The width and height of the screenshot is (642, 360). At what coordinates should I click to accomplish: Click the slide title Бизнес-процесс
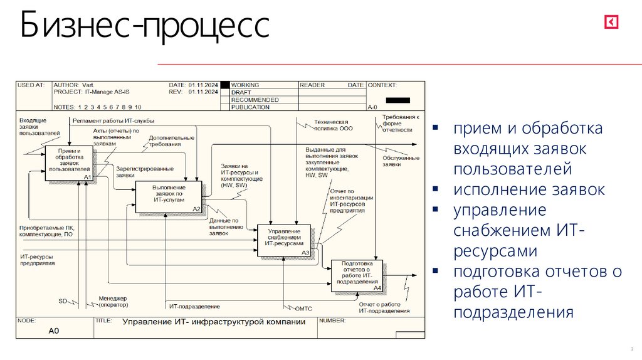pos(145,28)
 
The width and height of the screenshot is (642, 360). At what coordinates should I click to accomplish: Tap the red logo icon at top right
pos(612,23)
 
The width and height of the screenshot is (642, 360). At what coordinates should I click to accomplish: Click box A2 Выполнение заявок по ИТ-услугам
pos(169,196)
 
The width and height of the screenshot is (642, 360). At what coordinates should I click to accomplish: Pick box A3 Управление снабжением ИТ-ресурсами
pos(284,239)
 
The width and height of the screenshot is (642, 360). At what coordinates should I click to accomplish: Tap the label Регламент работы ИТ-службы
pos(113,120)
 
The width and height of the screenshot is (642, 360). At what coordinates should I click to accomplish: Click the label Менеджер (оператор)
pos(113,302)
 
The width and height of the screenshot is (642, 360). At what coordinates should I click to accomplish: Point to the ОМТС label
pos(303,309)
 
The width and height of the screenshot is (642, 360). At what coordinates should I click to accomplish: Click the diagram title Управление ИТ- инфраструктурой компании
pos(214,322)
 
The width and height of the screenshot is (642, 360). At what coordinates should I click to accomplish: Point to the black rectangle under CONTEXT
pos(398,100)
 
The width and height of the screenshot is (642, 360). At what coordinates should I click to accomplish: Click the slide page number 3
pos(631,349)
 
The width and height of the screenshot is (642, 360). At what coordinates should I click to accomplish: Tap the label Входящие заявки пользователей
pos(39,126)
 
